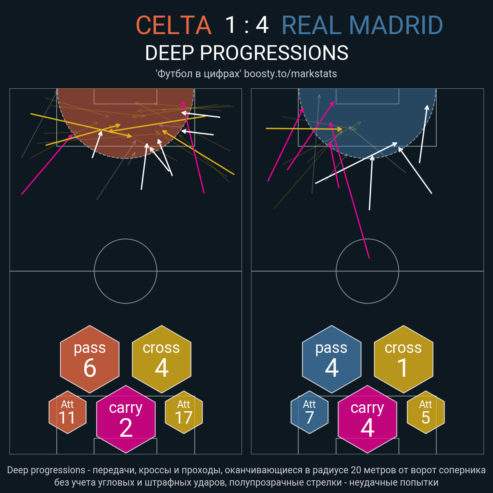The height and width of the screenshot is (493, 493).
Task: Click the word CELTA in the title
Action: (x=174, y=25)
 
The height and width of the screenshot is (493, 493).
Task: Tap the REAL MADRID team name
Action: (x=362, y=25)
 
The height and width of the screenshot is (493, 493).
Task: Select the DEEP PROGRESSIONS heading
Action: (x=246, y=53)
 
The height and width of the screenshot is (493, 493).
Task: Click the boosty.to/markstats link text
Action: (x=290, y=74)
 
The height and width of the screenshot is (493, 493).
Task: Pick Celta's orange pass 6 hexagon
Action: (x=90, y=359)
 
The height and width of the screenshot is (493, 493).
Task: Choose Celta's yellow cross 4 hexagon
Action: (x=162, y=359)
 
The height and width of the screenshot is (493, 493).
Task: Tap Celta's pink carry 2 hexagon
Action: (x=126, y=419)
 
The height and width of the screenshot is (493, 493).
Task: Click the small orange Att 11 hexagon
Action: (x=67, y=412)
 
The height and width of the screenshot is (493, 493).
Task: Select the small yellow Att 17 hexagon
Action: (x=184, y=412)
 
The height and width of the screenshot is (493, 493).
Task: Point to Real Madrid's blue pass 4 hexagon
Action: (x=332, y=359)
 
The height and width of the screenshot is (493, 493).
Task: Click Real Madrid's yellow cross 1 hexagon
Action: (x=403, y=359)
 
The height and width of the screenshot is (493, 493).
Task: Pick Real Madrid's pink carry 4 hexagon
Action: (x=367, y=419)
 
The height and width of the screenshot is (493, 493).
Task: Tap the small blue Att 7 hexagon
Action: (x=309, y=412)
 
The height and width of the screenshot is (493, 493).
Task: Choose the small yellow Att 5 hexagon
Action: (x=426, y=412)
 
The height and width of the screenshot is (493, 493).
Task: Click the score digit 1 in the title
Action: (x=230, y=25)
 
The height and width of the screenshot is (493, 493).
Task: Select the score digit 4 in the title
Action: (x=262, y=25)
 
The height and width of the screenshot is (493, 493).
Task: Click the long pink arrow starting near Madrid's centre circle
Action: (x=350, y=190)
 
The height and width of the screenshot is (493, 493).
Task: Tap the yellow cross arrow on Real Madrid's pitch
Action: (x=304, y=129)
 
